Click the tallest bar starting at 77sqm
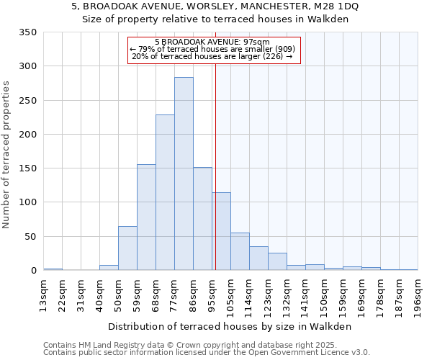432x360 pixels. pyautogui.click(x=184, y=174)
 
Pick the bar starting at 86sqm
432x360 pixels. pyautogui.click(x=202, y=219)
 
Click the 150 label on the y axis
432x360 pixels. pyautogui.click(x=27, y=168)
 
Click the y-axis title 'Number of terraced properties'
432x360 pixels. pyautogui.click(x=7, y=154)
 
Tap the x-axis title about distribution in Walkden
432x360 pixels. pyautogui.click(x=230, y=326)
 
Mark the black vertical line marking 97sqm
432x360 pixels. pyautogui.click(x=215, y=180)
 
